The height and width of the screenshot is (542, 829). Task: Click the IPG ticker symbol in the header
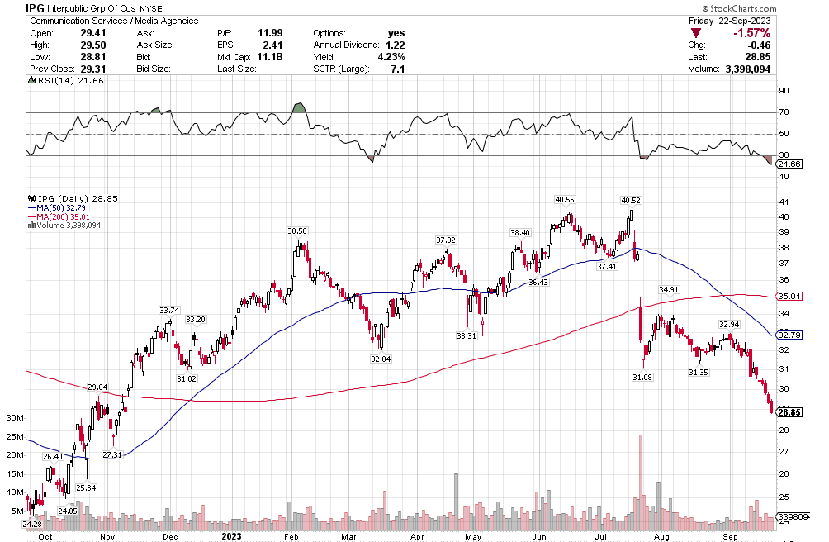[x=35, y=7]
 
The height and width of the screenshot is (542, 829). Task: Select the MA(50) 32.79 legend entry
[x=67, y=208]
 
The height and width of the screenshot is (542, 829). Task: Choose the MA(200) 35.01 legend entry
[x=69, y=216]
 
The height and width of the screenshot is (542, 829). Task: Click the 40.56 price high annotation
[x=565, y=200]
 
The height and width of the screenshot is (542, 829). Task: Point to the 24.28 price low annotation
[x=31, y=524]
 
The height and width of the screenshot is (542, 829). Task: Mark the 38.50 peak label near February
[x=296, y=231]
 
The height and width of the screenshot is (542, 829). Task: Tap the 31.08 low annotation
[x=642, y=377]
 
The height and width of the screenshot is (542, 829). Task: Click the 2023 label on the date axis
[x=231, y=535]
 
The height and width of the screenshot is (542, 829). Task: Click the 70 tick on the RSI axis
[x=784, y=112]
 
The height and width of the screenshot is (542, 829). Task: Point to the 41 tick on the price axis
[x=784, y=202]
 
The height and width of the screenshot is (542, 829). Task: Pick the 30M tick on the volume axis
[x=15, y=418]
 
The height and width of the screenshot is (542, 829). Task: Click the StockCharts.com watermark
[x=776, y=7]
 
